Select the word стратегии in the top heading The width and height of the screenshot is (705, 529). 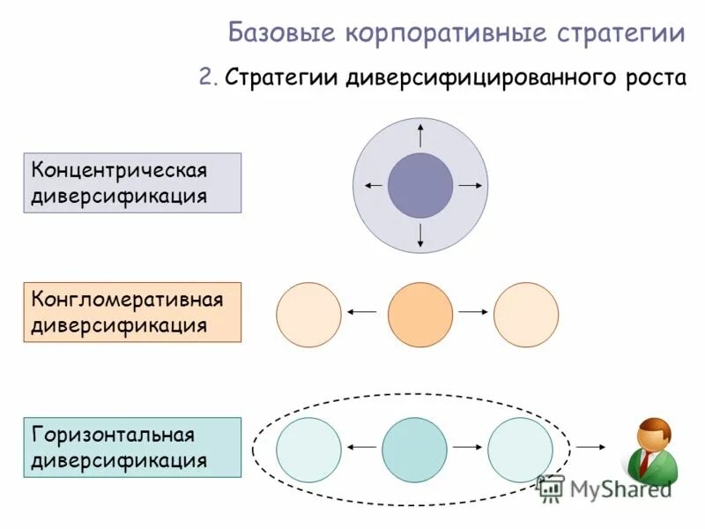pyautogui.click(x=620, y=34)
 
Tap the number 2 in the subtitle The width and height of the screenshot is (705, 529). pyautogui.click(x=206, y=78)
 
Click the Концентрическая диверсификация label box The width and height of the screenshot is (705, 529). pyautogui.click(x=132, y=183)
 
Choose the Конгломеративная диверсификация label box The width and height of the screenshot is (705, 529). pyautogui.click(x=132, y=312)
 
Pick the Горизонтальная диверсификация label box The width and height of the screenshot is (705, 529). pyautogui.click(x=132, y=447)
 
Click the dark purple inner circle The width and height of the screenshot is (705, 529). pyautogui.click(x=420, y=185)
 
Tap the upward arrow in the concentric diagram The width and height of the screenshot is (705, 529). pyautogui.click(x=420, y=135)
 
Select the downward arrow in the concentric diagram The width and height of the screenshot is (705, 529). pyautogui.click(x=420, y=235)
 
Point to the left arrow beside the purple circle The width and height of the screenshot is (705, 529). pyautogui.click(x=372, y=185)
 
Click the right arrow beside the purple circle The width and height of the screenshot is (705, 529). pyautogui.click(x=471, y=185)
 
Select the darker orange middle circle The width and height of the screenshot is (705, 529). pyautogui.click(x=420, y=315)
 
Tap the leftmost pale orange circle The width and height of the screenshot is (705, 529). pyautogui.click(x=308, y=315)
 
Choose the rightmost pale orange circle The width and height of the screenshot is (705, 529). pyautogui.click(x=526, y=315)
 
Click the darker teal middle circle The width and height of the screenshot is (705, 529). pyautogui.click(x=415, y=449)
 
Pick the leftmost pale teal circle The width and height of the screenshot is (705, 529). pyautogui.click(x=308, y=449)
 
